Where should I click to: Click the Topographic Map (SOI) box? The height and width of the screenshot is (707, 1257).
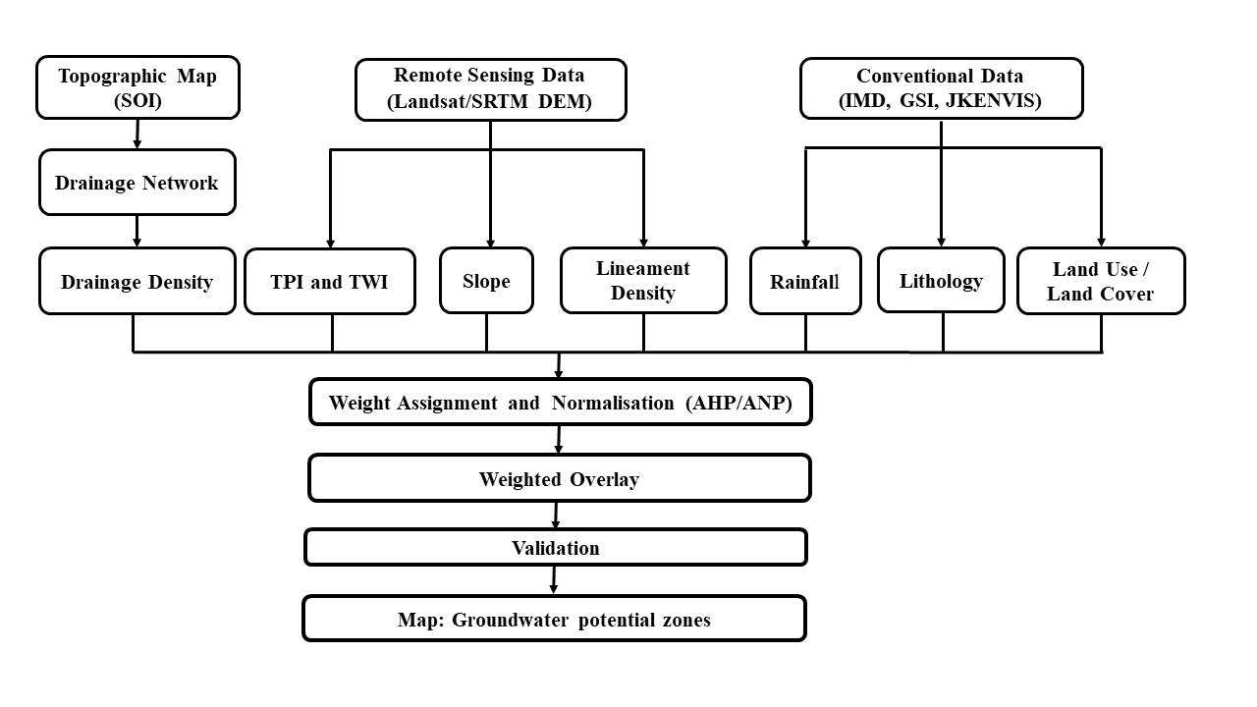click(138, 87)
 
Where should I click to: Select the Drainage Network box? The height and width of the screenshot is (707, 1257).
click(137, 183)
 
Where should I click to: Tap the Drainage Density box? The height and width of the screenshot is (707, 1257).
click(137, 281)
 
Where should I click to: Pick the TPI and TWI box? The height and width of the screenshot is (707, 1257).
click(330, 282)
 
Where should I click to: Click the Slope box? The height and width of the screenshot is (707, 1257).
click(486, 281)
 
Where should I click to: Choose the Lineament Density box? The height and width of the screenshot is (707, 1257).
click(643, 281)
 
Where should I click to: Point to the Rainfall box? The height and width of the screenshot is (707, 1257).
click(805, 281)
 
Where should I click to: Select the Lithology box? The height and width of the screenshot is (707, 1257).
click(941, 280)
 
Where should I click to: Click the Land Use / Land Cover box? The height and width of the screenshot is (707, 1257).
click(1101, 281)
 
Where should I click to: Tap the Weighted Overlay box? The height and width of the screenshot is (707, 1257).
click(560, 478)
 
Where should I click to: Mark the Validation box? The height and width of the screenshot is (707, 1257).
click(556, 547)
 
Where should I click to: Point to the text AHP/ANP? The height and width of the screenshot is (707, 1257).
click(739, 403)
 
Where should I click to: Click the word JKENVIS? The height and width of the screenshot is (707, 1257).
click(993, 100)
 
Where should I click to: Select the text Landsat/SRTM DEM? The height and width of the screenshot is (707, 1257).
click(489, 101)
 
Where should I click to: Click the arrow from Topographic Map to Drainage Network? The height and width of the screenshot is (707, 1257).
click(137, 135)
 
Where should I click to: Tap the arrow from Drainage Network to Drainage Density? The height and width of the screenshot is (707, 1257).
click(137, 231)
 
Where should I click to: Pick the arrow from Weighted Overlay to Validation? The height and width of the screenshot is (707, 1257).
click(556, 516)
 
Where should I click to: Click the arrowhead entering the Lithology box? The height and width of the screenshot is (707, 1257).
click(941, 243)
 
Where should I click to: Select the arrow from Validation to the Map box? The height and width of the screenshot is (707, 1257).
click(554, 580)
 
